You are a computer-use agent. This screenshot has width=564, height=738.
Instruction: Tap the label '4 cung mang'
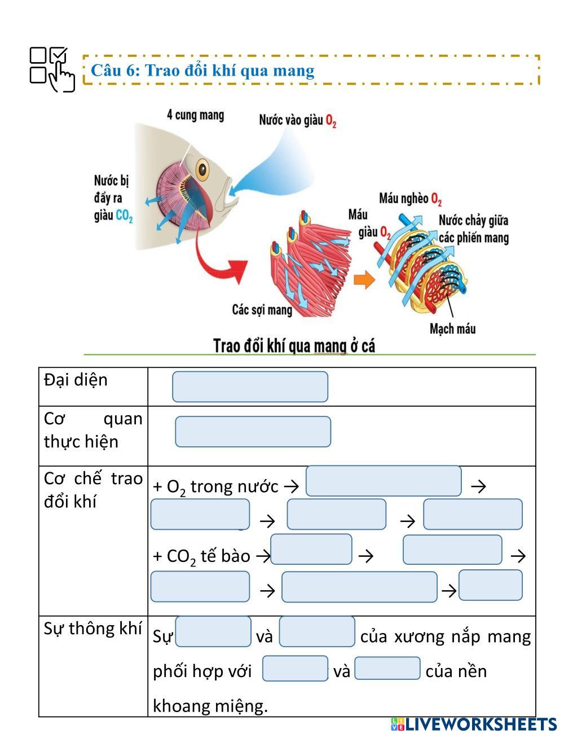click(195, 115)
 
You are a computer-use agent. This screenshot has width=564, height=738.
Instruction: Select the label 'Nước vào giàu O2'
click(297, 120)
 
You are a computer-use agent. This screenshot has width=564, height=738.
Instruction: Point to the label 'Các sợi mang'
click(262, 310)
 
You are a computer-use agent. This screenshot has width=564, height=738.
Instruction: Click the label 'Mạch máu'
click(452, 328)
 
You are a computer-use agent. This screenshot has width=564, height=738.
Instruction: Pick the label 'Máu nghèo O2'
click(410, 199)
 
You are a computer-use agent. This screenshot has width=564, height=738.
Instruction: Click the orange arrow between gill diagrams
click(364, 279)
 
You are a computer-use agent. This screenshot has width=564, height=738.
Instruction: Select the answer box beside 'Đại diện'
click(250, 386)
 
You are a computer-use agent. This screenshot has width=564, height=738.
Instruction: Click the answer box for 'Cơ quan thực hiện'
click(253, 432)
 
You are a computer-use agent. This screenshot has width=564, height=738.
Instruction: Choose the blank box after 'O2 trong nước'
click(384, 481)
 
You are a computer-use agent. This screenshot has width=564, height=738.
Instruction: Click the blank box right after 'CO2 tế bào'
click(311, 550)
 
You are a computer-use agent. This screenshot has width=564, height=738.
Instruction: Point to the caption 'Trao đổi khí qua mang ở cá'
click(294, 345)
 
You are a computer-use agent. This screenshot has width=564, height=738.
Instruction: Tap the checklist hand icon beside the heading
click(52, 69)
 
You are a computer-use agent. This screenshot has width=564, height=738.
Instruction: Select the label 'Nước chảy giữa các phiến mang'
click(473, 229)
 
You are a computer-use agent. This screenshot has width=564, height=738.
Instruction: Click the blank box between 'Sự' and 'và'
click(214, 631)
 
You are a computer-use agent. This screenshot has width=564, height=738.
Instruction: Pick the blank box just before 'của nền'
click(387, 669)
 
